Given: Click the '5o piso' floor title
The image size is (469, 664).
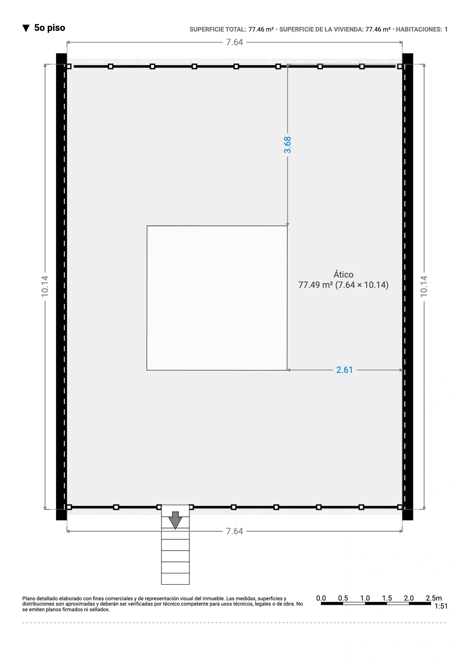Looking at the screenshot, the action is (50, 28).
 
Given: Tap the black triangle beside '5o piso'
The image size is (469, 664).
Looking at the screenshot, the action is (26, 28).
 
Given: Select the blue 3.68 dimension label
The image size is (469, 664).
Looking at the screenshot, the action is (287, 145).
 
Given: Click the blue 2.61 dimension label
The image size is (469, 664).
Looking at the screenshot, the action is (344, 370).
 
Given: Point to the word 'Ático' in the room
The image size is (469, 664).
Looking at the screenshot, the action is (343, 274).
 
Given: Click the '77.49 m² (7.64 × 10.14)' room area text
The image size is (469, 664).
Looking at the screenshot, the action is (343, 285).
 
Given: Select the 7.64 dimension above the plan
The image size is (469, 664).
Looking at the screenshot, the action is (234, 42).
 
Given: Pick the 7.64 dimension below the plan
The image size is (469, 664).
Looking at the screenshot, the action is (234, 531).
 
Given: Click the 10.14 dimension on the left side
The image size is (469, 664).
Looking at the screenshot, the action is (45, 286).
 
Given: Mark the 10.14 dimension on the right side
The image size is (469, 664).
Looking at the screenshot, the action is (424, 286).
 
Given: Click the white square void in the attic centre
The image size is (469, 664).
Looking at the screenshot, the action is (217, 298).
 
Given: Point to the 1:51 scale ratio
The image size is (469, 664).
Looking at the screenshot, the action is (441, 606).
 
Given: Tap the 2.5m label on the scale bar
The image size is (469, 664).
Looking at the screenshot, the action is (434, 598).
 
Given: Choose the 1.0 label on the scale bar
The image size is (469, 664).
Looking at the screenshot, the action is (365, 598).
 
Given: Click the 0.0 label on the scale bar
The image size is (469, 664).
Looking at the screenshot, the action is (321, 598).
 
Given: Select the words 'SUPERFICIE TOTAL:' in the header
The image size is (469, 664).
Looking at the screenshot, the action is (218, 30).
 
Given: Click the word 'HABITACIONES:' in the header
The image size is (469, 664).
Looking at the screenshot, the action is (419, 30).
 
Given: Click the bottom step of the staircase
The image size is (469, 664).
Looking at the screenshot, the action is (175, 579).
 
